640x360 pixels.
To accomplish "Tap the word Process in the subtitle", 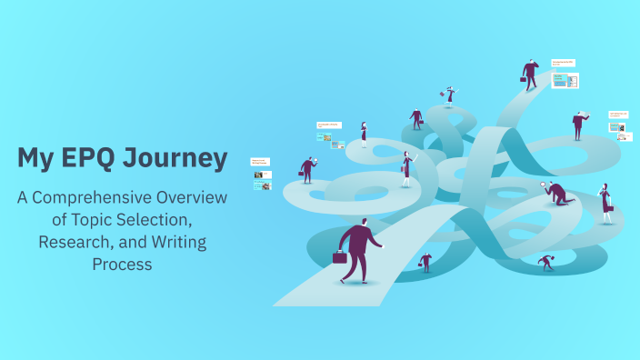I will click(122, 265).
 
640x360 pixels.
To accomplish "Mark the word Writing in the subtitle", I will click(177, 243).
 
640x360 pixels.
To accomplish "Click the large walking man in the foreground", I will click(360, 251).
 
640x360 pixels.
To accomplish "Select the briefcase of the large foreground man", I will click(340, 257).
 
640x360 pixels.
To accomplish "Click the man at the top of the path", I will click(531, 74).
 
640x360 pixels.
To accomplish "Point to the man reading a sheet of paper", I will click(579, 124).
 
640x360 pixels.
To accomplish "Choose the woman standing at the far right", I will click(605, 204).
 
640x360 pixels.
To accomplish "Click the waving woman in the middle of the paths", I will click(407, 168).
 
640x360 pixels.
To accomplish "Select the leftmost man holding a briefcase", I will click(307, 169).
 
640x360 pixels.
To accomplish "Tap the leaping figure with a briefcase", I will click(449, 94).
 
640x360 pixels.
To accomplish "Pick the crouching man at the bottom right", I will click(546, 263).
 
